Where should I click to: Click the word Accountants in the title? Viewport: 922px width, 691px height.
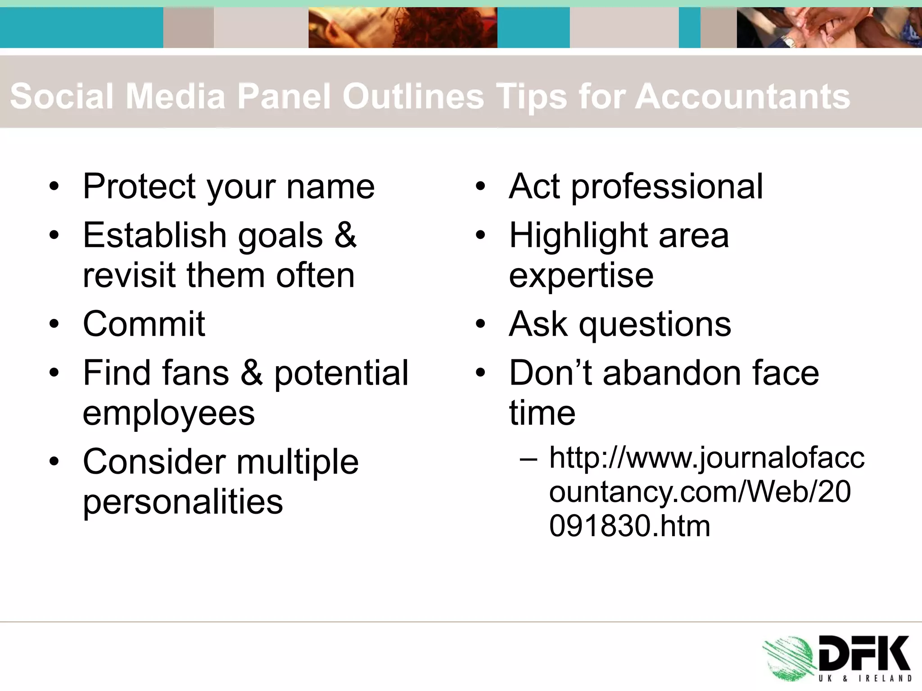coord(742,96)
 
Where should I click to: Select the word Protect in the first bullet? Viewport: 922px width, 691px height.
coord(139,186)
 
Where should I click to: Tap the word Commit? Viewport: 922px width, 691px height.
coord(144,324)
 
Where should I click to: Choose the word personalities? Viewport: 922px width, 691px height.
coord(183,502)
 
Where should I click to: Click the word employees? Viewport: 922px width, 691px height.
coord(169,413)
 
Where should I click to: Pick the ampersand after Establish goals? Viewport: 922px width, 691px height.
coord(345,235)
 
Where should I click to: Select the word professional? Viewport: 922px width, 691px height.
coord(667,187)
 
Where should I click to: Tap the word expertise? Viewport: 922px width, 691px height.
coord(581,275)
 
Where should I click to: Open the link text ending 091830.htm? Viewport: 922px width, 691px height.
coord(629,525)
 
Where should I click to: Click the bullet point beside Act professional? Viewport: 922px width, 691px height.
coord(481,186)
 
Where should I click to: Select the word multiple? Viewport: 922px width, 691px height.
coord(297,462)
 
